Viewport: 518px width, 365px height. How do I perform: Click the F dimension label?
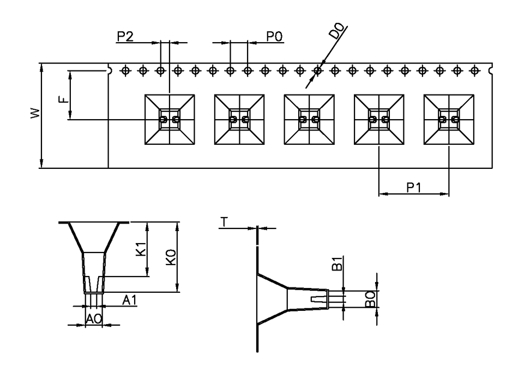pyautogui.click(x=63, y=99)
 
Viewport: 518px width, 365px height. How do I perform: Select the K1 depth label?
pyautogui.click(x=140, y=249)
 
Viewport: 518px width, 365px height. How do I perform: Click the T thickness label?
pyautogui.click(x=226, y=221)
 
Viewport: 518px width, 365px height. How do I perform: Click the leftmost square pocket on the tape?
pyautogui.click(x=170, y=119)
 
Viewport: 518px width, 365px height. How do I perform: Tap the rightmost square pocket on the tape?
pyautogui.click(x=449, y=119)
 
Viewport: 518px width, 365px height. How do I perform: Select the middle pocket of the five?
pyautogui.click(x=309, y=119)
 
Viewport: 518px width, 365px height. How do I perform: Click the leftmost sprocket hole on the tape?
pyautogui.click(x=125, y=70)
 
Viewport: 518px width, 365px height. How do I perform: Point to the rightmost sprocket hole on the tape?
pyautogui.click(x=474, y=70)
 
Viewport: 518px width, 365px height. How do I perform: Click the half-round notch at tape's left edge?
pyautogui.click(x=110, y=70)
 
